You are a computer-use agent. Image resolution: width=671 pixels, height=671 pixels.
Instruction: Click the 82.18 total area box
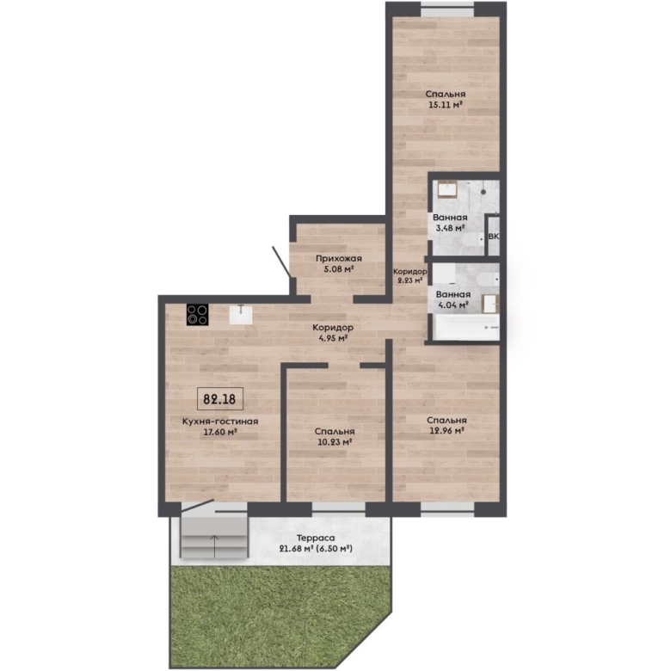(x=220, y=399)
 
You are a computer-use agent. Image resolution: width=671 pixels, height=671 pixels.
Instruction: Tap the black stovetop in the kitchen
(x=198, y=315)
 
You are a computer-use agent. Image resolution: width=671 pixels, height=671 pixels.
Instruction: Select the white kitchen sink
(x=241, y=314)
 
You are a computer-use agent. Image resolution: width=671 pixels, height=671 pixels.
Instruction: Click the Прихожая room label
(x=339, y=258)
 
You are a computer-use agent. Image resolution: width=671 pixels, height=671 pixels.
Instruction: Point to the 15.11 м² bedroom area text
(x=446, y=104)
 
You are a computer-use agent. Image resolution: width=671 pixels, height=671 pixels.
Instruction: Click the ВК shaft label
(x=494, y=237)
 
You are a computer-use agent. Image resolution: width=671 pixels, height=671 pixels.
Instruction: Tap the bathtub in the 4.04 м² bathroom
(x=467, y=328)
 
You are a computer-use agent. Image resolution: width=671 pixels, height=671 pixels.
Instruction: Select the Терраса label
(x=316, y=538)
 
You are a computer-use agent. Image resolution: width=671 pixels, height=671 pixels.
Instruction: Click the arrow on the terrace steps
(x=214, y=546)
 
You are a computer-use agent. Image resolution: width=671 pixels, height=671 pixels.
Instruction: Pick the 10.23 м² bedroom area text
(x=335, y=442)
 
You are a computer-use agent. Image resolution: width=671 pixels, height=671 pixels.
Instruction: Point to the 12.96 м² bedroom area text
(x=447, y=430)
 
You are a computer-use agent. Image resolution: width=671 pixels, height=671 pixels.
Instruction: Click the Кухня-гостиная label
(x=220, y=422)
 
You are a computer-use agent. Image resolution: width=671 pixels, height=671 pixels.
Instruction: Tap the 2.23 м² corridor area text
(x=409, y=280)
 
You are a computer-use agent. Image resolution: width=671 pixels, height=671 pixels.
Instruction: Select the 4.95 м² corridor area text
(x=333, y=338)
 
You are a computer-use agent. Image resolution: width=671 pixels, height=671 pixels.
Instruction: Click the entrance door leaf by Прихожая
(x=281, y=262)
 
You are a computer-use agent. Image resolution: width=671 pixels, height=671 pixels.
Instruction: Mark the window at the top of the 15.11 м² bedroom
(x=447, y=9)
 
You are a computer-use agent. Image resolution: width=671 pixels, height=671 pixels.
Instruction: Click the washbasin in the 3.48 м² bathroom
(x=447, y=188)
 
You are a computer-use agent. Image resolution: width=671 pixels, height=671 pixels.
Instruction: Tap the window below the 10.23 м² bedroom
(x=338, y=508)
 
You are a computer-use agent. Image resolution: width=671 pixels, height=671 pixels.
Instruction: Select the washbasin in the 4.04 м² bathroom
(x=490, y=304)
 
